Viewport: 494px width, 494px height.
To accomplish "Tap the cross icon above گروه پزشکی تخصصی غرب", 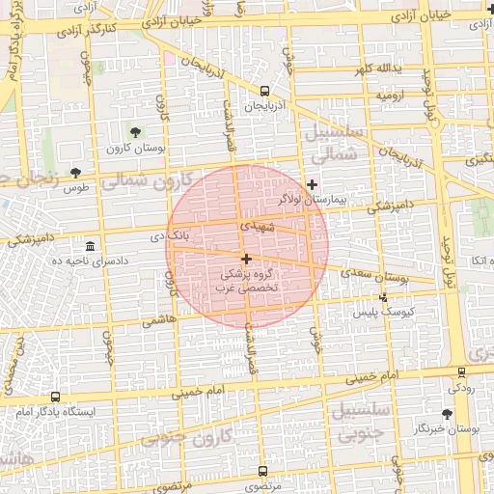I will [x=247, y=259].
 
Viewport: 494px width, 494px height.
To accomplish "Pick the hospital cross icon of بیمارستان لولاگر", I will [x=311, y=184].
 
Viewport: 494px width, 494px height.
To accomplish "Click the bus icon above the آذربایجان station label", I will [x=264, y=90].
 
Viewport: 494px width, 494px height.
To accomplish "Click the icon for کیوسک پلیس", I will [x=384, y=297].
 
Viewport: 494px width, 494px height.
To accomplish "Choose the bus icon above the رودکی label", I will [x=461, y=372].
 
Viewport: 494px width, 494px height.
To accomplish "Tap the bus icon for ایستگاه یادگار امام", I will [x=54, y=397].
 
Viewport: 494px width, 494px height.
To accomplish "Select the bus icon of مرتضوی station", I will [x=263, y=472].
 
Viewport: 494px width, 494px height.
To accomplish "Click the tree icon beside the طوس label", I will [x=75, y=173].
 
